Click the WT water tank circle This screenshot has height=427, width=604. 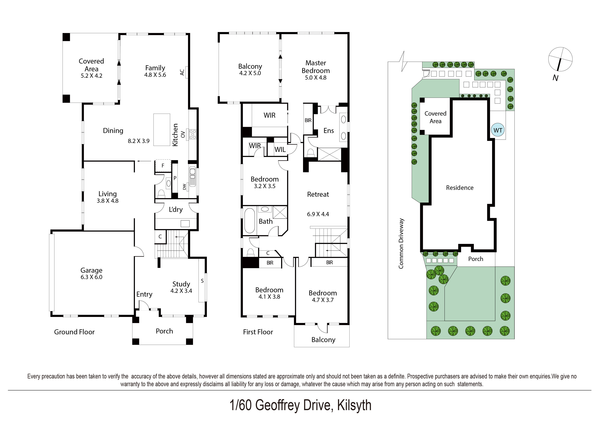(497, 130)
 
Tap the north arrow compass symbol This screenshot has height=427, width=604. (560, 59)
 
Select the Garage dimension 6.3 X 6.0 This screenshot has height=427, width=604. (91, 277)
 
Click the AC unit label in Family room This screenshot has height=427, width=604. (182, 72)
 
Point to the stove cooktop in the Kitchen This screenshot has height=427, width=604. (192, 134)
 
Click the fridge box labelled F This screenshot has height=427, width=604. (163, 166)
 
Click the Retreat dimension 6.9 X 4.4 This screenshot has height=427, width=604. (318, 214)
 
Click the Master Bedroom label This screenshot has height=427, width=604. (315, 67)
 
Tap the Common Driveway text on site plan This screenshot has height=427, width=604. (401, 243)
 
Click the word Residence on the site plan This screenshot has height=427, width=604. (460, 188)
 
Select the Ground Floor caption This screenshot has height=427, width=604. (74, 332)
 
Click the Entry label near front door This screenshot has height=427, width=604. (144, 294)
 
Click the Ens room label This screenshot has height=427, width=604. (329, 131)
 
